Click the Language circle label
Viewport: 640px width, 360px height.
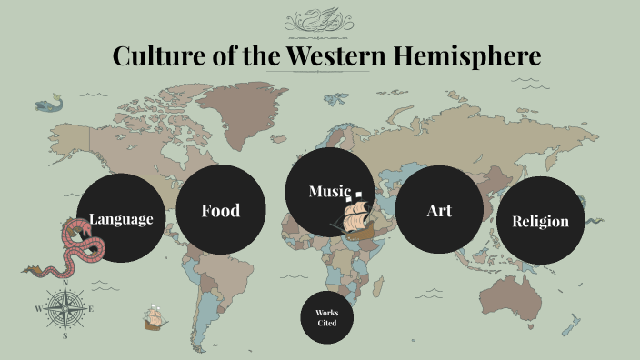coord(121,219)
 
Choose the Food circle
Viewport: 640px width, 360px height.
coord(221,211)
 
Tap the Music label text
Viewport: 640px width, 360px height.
coord(328,191)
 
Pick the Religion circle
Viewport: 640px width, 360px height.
coord(541,221)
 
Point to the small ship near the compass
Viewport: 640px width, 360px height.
coord(155,319)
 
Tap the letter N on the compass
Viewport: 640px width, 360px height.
coord(65,283)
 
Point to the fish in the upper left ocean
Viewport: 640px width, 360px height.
coord(50,105)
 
